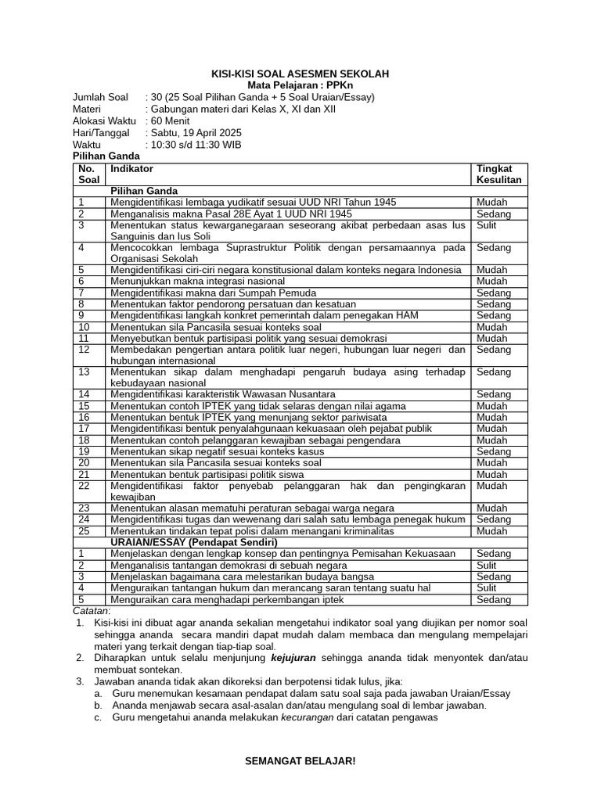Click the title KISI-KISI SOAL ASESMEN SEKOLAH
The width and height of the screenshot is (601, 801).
coord(300,74)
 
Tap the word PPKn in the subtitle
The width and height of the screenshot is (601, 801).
coord(339,85)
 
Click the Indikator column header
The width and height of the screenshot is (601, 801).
coord(132,168)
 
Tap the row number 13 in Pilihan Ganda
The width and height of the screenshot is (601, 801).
coord(85,372)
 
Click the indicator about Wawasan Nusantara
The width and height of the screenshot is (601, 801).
coord(222,394)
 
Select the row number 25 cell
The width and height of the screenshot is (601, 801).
coord(85,530)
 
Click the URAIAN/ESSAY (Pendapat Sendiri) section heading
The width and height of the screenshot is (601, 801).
coord(194,542)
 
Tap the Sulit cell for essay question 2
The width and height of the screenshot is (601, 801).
coord(486,565)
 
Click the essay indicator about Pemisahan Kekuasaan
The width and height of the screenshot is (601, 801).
coord(283,554)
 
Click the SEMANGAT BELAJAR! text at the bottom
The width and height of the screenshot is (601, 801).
coord(300,761)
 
